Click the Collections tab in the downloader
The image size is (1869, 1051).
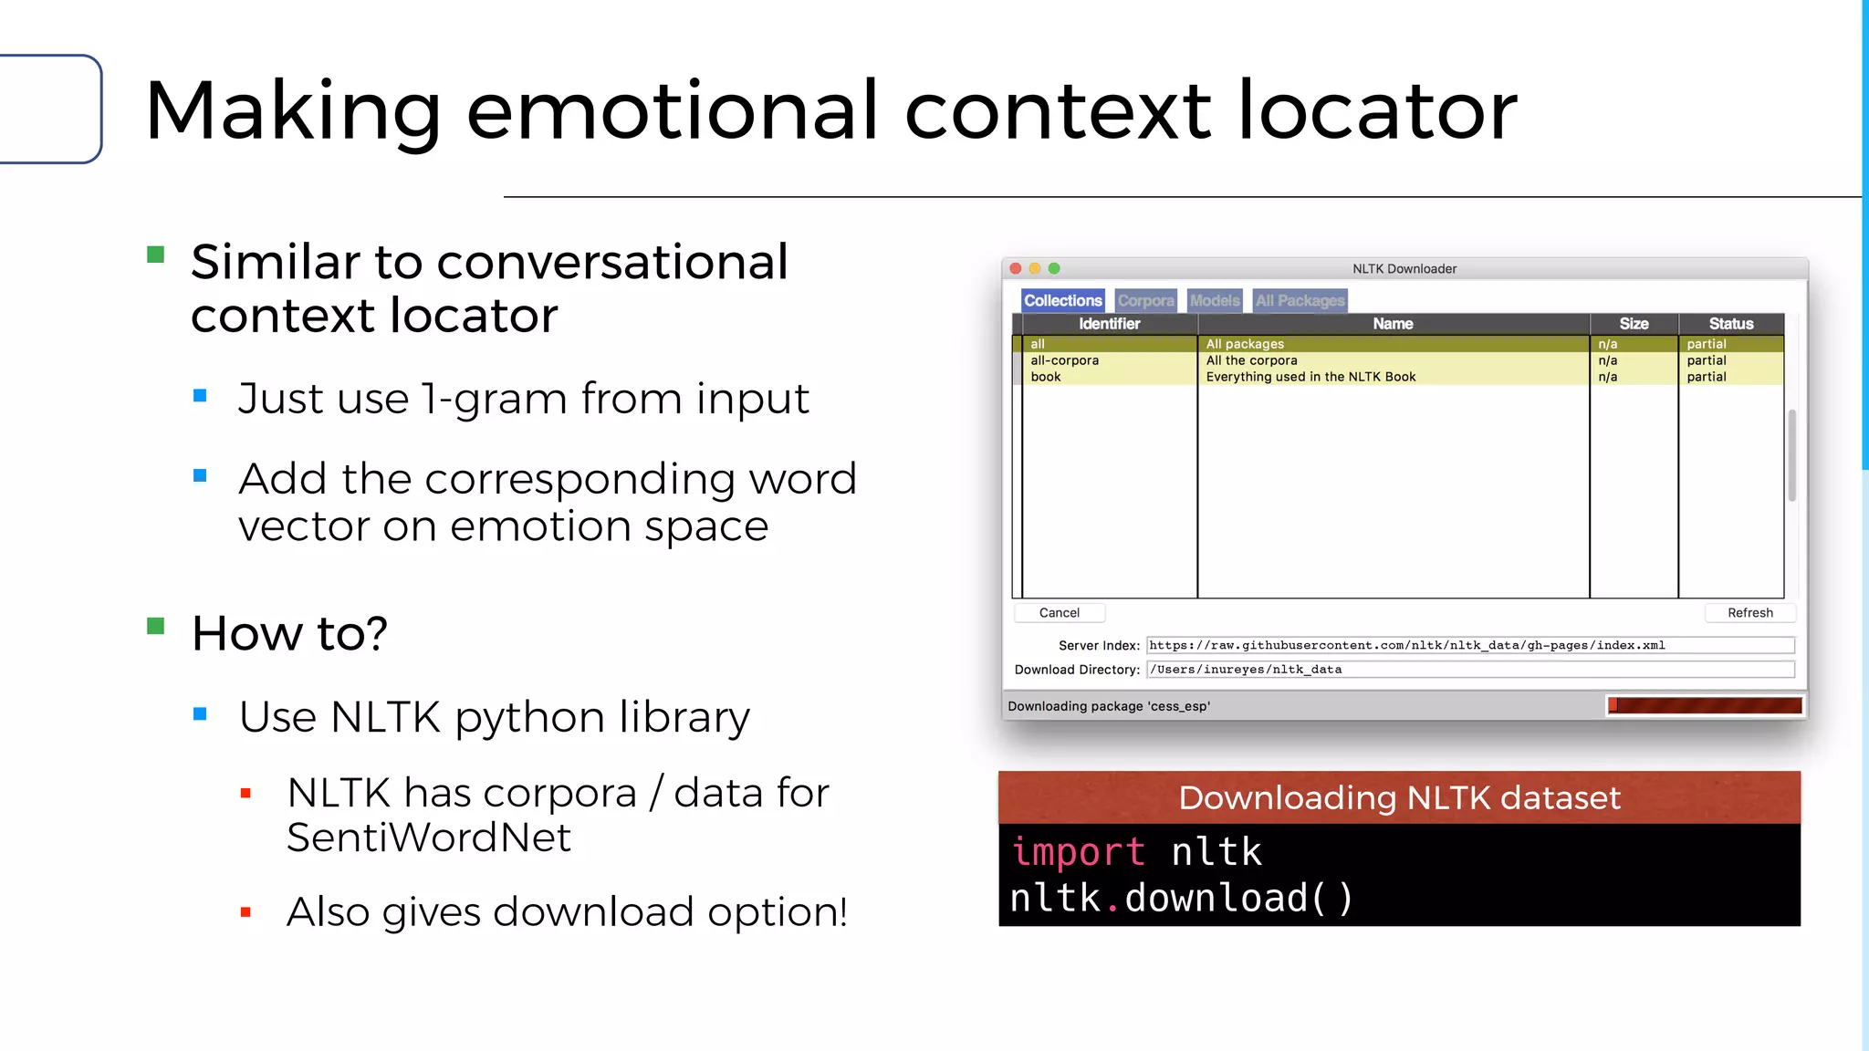[1062, 300]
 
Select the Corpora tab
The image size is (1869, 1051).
[1145, 300]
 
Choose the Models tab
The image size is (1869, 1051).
[1215, 300]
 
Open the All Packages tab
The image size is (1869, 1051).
[1300, 300]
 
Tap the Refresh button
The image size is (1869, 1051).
[1749, 613]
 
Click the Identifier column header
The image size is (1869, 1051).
[1109, 324]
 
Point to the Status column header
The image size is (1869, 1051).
[1730, 324]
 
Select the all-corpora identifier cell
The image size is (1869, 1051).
[1064, 360]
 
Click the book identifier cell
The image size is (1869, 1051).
[1046, 377]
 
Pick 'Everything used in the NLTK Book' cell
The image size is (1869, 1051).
[1310, 377]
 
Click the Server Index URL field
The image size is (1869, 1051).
[1469, 645]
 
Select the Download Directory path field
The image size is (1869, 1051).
[1469, 670]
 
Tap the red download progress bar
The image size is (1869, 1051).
[1704, 705]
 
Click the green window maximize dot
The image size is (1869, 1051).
[1054, 268]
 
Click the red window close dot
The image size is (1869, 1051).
[1016, 268]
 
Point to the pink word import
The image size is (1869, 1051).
[1078, 852]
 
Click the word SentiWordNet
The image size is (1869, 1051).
[429, 838]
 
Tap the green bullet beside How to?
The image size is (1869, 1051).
[156, 626]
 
